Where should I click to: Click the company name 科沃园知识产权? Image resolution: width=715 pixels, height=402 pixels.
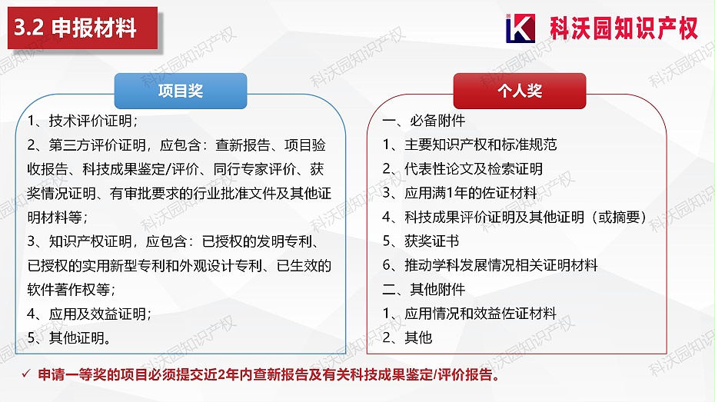(x=624, y=28)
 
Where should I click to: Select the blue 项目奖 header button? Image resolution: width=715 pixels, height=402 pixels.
(x=181, y=91)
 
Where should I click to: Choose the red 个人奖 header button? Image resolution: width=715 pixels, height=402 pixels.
(x=519, y=91)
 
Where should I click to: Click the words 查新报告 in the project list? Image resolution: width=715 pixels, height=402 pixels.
(x=239, y=145)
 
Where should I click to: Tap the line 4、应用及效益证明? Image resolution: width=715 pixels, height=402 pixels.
(x=88, y=314)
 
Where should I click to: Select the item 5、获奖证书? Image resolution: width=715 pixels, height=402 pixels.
(x=421, y=241)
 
